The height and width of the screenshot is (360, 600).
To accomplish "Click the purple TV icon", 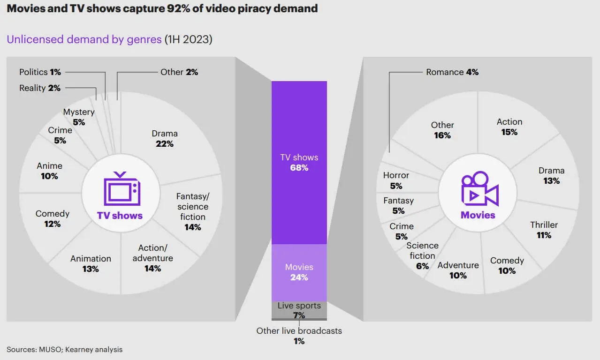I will click(x=122, y=188).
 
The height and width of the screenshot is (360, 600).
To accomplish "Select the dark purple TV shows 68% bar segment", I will click(x=299, y=162).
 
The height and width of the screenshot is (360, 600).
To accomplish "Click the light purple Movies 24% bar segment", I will click(x=299, y=272).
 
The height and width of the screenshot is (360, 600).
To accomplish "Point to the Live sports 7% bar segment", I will click(x=299, y=310).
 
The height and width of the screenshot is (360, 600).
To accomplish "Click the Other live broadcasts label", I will click(x=299, y=331).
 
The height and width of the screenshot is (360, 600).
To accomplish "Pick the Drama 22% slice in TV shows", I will click(x=165, y=138).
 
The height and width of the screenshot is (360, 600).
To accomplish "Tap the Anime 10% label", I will click(x=49, y=171).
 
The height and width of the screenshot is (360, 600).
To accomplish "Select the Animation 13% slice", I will click(x=91, y=263).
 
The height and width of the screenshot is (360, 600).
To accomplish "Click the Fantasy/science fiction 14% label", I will click(x=192, y=212).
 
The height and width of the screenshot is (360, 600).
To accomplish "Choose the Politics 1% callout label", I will click(x=40, y=72).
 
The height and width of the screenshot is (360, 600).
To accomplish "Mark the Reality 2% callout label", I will click(x=40, y=88).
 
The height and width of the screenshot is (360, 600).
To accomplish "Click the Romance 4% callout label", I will click(x=452, y=72).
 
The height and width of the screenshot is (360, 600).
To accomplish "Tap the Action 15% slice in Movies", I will click(x=509, y=127).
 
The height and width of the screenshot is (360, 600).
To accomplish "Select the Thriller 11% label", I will click(x=544, y=230).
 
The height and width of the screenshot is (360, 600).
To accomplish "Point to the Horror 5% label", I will click(x=396, y=180).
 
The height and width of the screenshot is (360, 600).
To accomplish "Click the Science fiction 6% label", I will click(x=422, y=255).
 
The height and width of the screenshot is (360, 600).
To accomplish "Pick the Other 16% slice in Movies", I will click(x=442, y=130).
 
